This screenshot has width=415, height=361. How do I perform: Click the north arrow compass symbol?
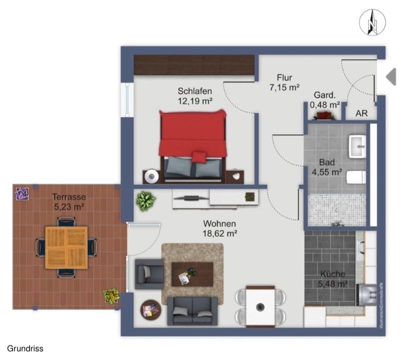tap(371, 23)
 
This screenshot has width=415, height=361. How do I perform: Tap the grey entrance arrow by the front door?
tap(391, 76)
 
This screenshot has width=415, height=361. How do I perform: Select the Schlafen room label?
tap(194, 91)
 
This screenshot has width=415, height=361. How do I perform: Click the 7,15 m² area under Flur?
tap(284, 87)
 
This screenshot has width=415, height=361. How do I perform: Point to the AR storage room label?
tap(361, 114)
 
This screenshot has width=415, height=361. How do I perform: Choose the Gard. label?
tap(324, 95)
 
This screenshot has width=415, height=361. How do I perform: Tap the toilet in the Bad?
tap(357, 177)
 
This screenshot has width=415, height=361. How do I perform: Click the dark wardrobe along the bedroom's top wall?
tap(194, 65)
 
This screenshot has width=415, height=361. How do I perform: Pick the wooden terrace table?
tap(66, 247)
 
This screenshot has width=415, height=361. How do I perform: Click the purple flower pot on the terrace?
tap(22, 194)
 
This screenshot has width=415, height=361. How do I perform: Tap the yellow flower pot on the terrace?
tap(111, 295)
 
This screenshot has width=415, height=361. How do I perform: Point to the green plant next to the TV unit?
tap(145, 201)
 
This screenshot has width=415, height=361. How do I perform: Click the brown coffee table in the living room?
tap(192, 274)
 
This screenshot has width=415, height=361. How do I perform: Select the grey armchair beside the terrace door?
tap(149, 274)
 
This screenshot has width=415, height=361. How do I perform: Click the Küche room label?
tap(332, 274)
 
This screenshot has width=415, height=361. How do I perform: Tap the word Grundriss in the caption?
tap(25, 348)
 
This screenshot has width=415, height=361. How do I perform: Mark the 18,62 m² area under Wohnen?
tap(220, 233)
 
